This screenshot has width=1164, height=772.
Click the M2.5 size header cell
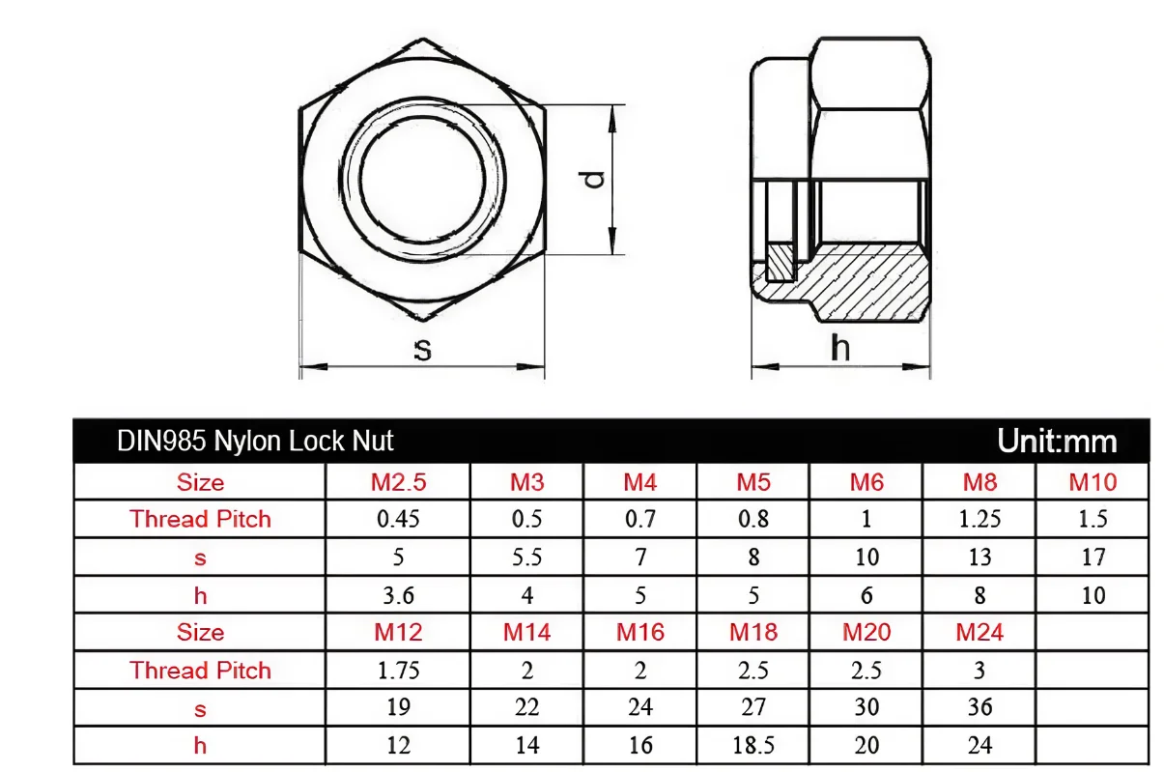click(398, 482)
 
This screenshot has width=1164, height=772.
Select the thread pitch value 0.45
click(398, 519)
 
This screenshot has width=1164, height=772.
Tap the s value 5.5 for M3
click(526, 557)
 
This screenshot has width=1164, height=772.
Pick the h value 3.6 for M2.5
click(398, 595)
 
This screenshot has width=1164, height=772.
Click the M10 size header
click(1093, 482)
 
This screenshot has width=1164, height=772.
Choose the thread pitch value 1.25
click(979, 519)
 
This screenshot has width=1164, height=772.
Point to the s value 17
click(1093, 557)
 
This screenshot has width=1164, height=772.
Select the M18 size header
click(753, 632)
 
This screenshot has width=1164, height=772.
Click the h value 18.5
click(753, 745)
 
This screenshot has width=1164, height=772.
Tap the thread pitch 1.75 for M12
click(398, 671)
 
